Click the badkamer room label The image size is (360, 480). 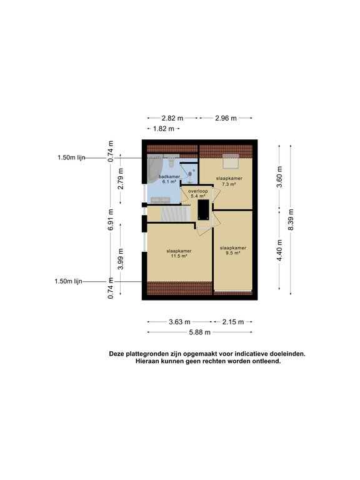pyautogui.click(x=169, y=177)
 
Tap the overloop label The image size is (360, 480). pyautogui.click(x=197, y=191)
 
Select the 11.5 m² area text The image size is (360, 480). pyautogui.click(x=179, y=256)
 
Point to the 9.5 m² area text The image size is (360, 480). pyautogui.click(x=233, y=253)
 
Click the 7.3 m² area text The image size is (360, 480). pyautogui.click(x=229, y=184)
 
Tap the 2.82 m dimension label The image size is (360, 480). pyautogui.click(x=172, y=118)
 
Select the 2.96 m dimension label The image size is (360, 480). pyautogui.click(x=226, y=118)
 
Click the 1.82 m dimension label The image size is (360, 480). pyautogui.click(x=164, y=129)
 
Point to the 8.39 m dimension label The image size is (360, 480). pyautogui.click(x=291, y=220)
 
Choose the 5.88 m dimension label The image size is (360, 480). pyautogui.click(x=199, y=332)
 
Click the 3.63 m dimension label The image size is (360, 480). pyautogui.click(x=180, y=322)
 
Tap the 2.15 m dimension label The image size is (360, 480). pyautogui.click(x=233, y=322)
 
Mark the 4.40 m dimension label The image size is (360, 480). pyautogui.click(x=279, y=250)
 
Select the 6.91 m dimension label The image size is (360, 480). pyautogui.click(x=111, y=220)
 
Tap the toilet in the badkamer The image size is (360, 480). pyautogui.click(x=171, y=161)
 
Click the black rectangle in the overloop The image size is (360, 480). pyautogui.click(x=203, y=209)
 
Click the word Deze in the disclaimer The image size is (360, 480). pyautogui.click(x=117, y=354)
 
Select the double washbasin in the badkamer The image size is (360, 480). pyautogui.click(x=161, y=200)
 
